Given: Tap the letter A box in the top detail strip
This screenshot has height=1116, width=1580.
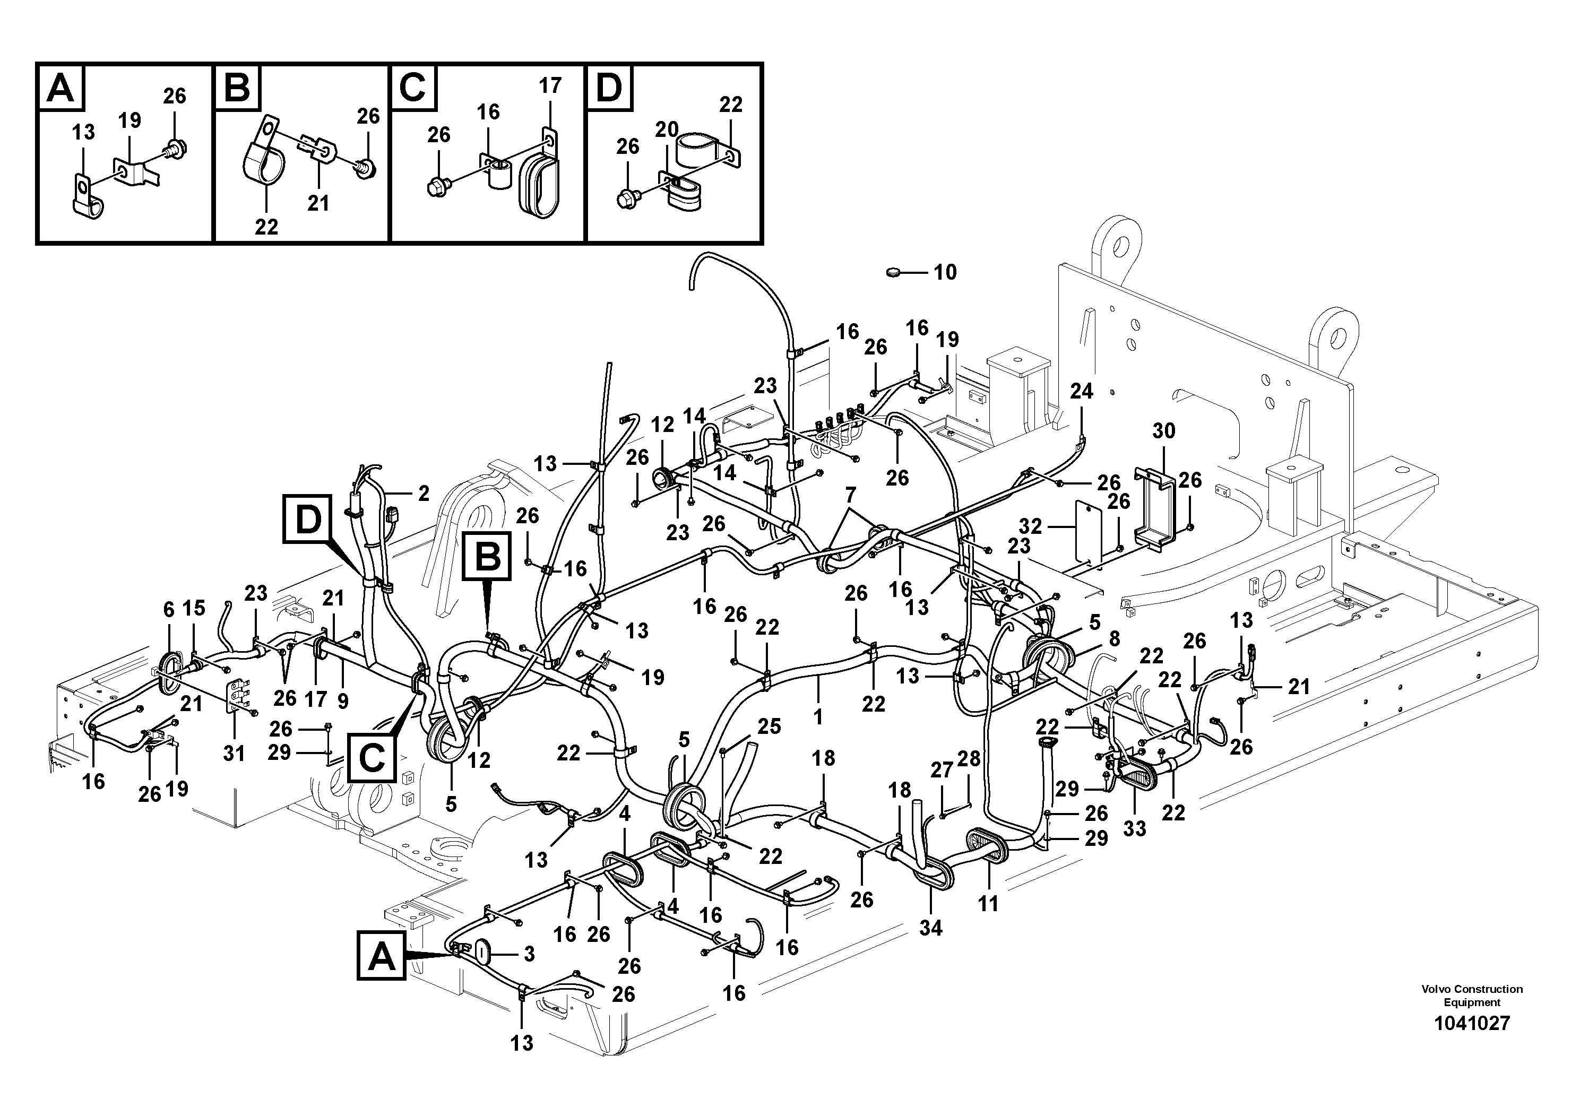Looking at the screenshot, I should click(61, 89).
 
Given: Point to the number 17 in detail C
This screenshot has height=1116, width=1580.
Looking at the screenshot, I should click(550, 86).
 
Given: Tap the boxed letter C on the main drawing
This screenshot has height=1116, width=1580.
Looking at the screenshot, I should click(372, 758).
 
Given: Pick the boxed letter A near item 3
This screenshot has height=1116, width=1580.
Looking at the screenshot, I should click(382, 956).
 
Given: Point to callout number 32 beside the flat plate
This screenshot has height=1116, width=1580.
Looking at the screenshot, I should click(1030, 526).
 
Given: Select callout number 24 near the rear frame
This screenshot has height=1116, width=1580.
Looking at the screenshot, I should click(1081, 392).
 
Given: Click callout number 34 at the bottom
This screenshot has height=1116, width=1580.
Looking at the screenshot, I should click(930, 928).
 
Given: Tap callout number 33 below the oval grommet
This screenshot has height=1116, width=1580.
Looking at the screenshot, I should click(1135, 829).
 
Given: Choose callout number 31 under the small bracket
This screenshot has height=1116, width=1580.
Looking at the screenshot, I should click(234, 754).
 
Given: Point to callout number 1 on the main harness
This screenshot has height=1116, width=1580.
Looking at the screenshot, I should click(817, 717).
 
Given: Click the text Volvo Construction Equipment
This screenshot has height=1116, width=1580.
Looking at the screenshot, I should click(1472, 996).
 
